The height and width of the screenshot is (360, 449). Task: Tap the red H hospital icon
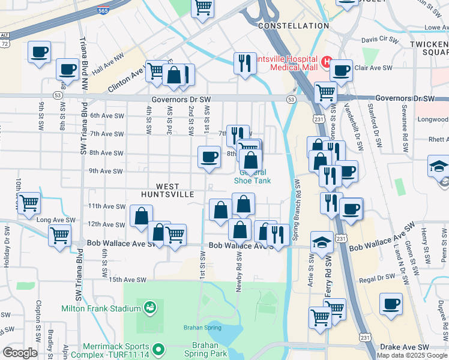pos(327,61)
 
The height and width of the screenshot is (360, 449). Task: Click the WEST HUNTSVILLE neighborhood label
pos(167,190)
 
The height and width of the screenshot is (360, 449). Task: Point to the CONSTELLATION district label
pos(294,26)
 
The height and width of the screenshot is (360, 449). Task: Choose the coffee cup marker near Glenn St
pos(391,304)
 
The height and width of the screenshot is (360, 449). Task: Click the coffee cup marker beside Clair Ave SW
pos(341,71)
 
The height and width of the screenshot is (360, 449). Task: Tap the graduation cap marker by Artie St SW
pos(322,242)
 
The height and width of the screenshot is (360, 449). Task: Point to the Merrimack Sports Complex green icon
pos(158,349)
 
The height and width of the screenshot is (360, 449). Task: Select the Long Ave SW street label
pos(56,221)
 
